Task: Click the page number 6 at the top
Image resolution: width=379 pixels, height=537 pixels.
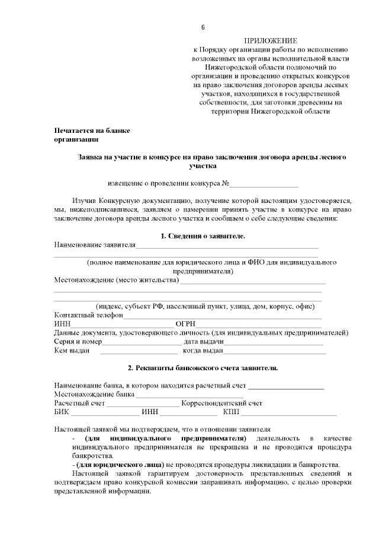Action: [x=203, y=27]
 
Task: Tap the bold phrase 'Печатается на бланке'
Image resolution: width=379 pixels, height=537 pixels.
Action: [x=92, y=130]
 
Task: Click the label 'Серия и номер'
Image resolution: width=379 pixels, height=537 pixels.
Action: [x=78, y=342]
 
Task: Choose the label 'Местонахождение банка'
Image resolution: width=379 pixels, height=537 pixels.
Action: [x=94, y=394]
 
